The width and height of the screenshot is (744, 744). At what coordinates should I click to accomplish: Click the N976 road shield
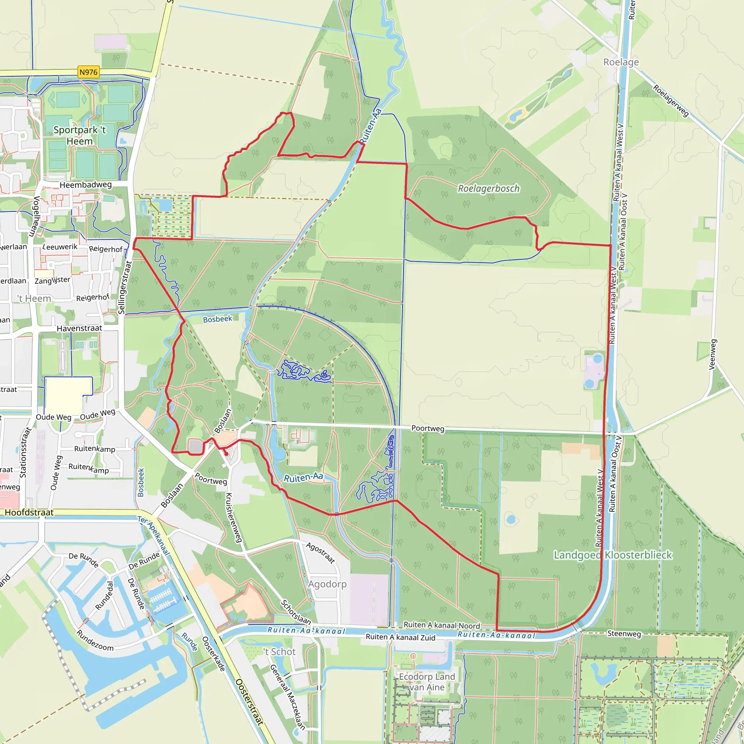pos(89,72)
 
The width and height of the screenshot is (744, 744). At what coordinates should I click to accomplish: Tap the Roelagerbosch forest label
pos(488,189)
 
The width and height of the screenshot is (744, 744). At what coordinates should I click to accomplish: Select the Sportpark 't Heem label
pos(79,136)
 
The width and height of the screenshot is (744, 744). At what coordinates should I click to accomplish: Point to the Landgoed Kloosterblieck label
pos(613,555)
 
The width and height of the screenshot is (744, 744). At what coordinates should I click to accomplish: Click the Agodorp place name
pos(327,584)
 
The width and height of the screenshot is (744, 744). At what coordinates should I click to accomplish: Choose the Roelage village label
pos(621,62)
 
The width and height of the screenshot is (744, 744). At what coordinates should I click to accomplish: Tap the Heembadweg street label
pos(85,185)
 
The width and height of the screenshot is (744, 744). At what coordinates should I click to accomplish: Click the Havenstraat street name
pos(79,328)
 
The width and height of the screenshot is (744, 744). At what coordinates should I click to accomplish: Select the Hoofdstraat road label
pos(29,513)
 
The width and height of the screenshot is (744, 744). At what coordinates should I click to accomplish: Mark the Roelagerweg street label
pos(671,101)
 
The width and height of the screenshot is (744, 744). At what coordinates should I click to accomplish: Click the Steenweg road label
pos(624,634)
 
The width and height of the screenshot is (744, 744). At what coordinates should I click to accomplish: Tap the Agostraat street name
pos(320,553)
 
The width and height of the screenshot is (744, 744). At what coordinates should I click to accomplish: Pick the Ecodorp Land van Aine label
pos(427,682)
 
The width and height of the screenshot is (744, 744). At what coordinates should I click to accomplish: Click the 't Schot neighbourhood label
pos(280,652)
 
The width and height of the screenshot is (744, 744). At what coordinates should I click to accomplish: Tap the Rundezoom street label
pos(95,640)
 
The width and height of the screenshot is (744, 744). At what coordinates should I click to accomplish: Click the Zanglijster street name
pos(52,280)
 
